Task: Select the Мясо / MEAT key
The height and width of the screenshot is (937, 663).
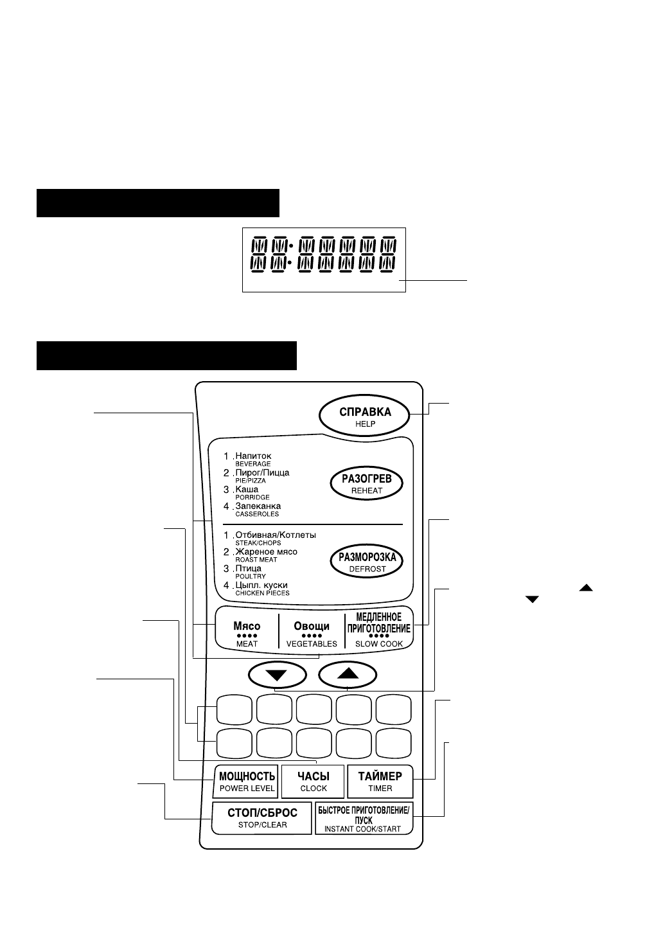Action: (x=247, y=634)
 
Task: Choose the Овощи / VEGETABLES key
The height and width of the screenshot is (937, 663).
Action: (x=312, y=634)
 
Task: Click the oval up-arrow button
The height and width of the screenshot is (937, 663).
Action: (x=347, y=674)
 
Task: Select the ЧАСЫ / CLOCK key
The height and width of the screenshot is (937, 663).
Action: (x=313, y=781)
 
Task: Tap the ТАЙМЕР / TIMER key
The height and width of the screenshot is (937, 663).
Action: (x=380, y=781)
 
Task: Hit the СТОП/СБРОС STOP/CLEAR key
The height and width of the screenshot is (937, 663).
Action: (x=262, y=817)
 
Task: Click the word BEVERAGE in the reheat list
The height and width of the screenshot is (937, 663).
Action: (x=252, y=464)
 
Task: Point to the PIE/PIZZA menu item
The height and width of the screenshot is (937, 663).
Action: (x=251, y=481)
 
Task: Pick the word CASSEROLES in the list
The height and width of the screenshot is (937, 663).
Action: (x=257, y=514)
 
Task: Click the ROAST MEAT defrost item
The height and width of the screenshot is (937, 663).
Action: (x=256, y=560)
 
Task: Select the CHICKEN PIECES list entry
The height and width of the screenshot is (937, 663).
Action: (x=262, y=593)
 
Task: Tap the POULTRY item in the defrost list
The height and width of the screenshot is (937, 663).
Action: (x=250, y=576)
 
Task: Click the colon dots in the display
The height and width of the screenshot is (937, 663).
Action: (x=291, y=254)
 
